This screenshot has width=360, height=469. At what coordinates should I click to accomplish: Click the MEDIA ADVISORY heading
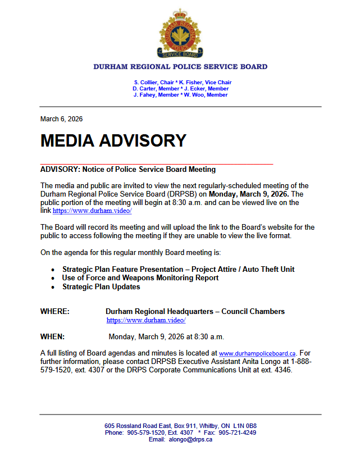113,140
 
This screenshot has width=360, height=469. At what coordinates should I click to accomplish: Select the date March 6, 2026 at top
61,119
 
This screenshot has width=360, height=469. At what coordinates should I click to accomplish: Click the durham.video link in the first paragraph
92,211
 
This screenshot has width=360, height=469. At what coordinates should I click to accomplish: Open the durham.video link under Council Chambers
146,320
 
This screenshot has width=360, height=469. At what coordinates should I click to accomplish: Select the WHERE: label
55,311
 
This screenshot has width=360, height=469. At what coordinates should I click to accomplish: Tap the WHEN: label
53,336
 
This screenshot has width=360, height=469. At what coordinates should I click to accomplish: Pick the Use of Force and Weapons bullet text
140,277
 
